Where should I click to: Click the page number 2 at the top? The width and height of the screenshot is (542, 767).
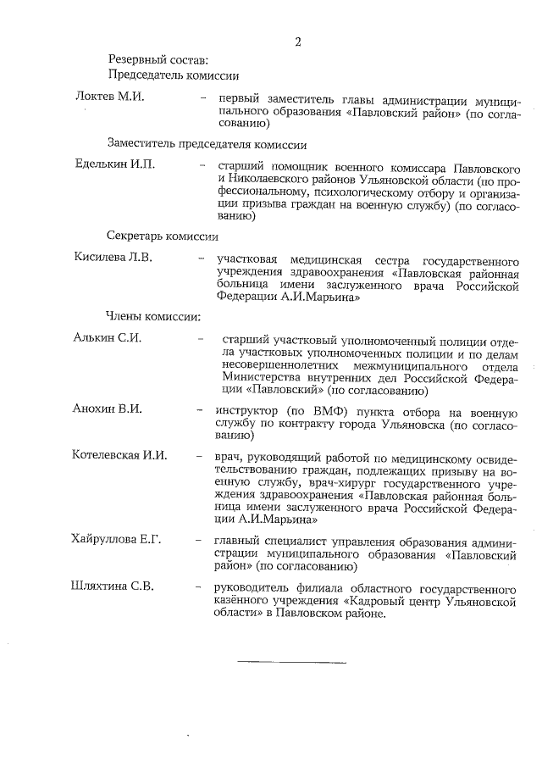pos(298,42)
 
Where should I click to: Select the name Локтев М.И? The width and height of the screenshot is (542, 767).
pos(110,97)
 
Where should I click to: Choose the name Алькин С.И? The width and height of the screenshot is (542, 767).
pos(108,338)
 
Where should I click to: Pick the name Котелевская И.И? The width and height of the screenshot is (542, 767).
pos(119,456)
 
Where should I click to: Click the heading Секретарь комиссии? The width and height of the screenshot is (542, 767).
pos(162,236)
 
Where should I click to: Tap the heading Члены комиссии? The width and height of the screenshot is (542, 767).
pos(152,317)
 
